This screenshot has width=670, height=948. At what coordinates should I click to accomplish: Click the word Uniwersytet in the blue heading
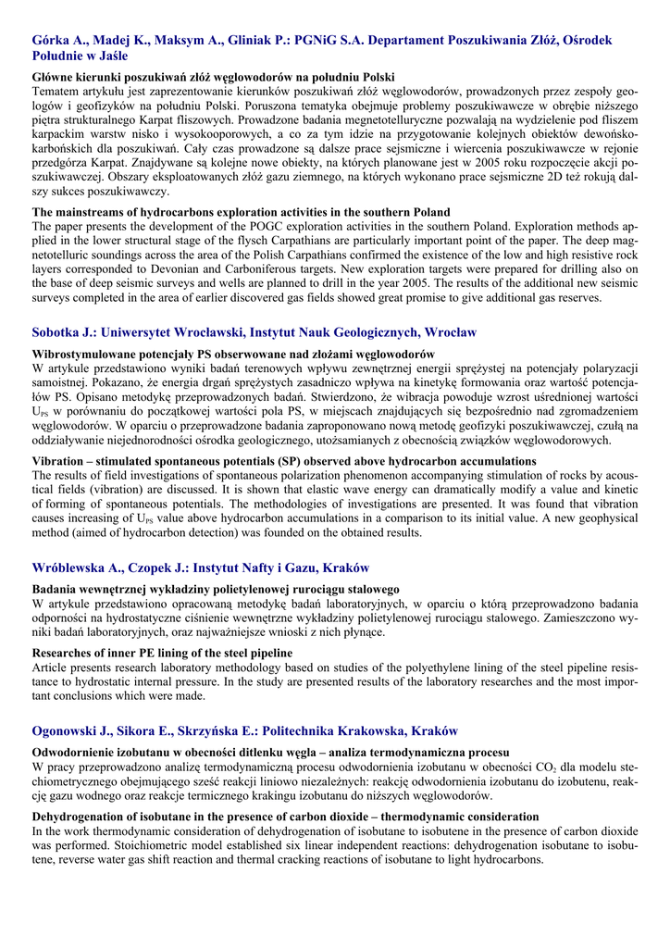point(142,332)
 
